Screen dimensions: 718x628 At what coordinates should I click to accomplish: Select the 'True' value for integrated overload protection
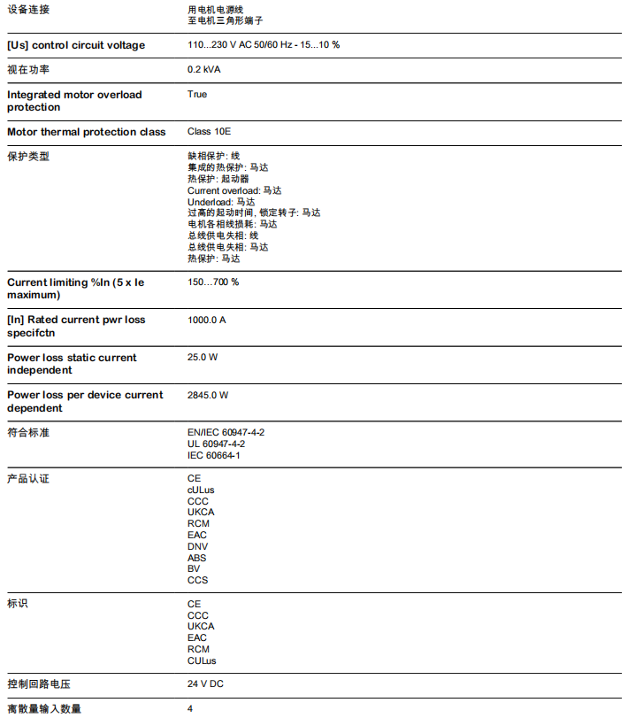pyautogui.click(x=197, y=94)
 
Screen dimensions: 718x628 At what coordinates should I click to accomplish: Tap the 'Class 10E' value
pyautogui.click(x=209, y=132)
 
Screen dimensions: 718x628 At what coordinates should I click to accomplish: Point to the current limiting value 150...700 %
pyautogui.click(x=213, y=282)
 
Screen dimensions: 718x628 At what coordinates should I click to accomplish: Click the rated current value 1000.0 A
pyautogui.click(x=206, y=320)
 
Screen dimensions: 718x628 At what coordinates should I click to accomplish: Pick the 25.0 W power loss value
pyautogui.click(x=203, y=357)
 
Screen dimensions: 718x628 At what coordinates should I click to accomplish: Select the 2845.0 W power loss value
pyautogui.click(x=208, y=395)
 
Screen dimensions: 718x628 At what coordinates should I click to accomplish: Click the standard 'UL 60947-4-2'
pyautogui.click(x=216, y=444)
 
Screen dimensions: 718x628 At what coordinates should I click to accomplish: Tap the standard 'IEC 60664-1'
pyautogui.click(x=214, y=455)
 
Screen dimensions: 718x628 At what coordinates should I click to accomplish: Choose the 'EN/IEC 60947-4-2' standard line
pyautogui.click(x=226, y=432)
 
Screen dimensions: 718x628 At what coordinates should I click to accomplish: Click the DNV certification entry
pyautogui.click(x=197, y=546)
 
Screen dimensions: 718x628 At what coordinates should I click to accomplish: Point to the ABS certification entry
pyautogui.click(x=196, y=558)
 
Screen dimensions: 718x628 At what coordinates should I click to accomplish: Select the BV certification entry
pyautogui.click(x=194, y=568)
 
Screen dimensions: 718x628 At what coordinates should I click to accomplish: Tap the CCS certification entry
pyautogui.click(x=197, y=580)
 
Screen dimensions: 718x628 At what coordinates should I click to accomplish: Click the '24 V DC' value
pyautogui.click(x=205, y=683)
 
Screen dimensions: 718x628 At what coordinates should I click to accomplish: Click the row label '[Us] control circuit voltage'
pyautogui.click(x=76, y=45)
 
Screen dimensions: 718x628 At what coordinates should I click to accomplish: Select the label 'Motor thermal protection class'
pyautogui.click(x=86, y=132)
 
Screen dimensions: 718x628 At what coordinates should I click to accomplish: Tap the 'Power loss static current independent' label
pyautogui.click(x=72, y=364)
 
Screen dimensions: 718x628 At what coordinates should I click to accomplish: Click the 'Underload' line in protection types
pyautogui.click(x=209, y=202)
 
